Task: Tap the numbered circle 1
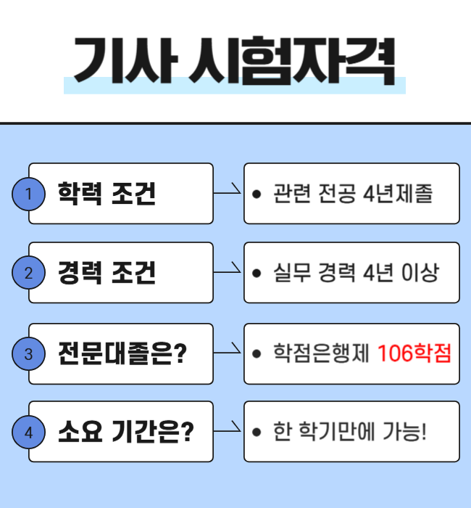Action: tap(29, 194)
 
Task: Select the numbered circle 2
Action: tap(29, 273)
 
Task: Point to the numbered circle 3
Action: tap(29, 354)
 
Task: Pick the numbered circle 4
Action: tap(29, 433)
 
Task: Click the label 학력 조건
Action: tap(107, 194)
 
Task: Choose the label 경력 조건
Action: tap(107, 273)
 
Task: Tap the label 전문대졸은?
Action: tap(122, 354)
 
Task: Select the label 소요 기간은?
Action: tap(125, 433)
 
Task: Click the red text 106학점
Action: tap(414, 354)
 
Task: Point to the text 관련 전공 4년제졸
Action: tap(353, 194)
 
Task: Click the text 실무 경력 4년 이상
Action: tap(356, 273)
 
